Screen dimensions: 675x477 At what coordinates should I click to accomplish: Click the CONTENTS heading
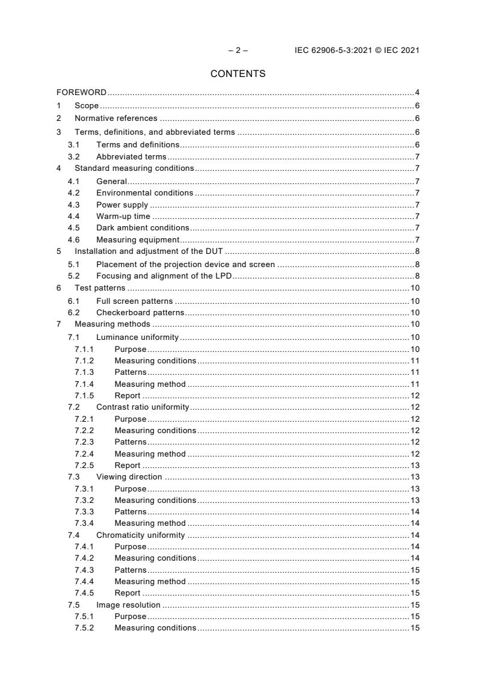pyautogui.click(x=238, y=74)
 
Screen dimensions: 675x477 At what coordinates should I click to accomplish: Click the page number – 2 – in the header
pyautogui.click(x=238, y=51)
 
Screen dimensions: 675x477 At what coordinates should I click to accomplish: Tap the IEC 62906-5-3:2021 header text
pyautogui.click(x=357, y=51)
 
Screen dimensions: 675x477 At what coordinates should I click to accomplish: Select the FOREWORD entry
pyautogui.click(x=81, y=93)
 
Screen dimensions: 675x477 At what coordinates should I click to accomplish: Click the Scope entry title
pyautogui.click(x=87, y=106)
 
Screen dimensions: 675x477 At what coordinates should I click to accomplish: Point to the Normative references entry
pyautogui.click(x=115, y=119)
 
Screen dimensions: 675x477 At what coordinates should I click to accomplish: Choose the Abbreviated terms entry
pyautogui.click(x=131, y=157)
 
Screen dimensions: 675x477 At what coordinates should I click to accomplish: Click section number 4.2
pyautogui.click(x=73, y=193)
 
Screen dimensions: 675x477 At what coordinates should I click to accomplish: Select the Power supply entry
pyautogui.click(x=122, y=205)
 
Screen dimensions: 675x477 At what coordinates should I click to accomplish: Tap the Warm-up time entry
pyautogui.click(x=123, y=217)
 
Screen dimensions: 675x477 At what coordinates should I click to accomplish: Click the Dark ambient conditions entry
pyautogui.click(x=143, y=228)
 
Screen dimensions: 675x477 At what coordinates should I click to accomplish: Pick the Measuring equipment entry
pyautogui.click(x=138, y=240)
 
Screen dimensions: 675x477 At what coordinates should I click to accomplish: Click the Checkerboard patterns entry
pyautogui.click(x=140, y=313)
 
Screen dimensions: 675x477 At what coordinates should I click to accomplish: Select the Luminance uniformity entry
pyautogui.click(x=138, y=337)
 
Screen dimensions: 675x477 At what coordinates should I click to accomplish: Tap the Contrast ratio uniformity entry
pyautogui.click(x=143, y=407)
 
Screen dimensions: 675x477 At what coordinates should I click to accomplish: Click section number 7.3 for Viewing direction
pyautogui.click(x=73, y=477)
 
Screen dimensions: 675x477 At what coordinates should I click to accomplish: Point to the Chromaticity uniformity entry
pyautogui.click(x=141, y=535)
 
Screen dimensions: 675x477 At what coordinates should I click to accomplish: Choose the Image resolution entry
pyautogui.click(x=128, y=605)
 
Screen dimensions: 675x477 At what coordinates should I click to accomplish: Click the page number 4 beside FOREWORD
pyautogui.click(x=417, y=93)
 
